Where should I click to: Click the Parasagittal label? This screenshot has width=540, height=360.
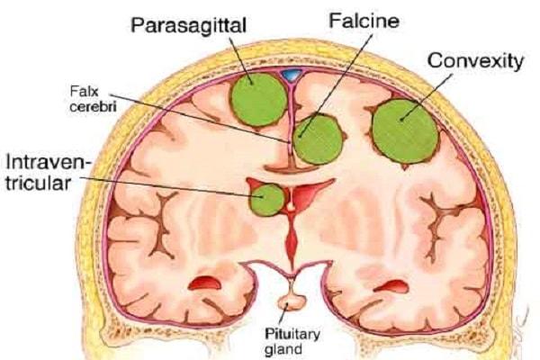click(x=188, y=26)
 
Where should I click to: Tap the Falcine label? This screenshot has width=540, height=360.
click(x=364, y=21)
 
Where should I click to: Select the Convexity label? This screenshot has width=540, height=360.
click(x=475, y=61)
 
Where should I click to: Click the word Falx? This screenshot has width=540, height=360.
click(x=85, y=92)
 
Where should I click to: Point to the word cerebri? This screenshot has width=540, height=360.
click(x=93, y=106)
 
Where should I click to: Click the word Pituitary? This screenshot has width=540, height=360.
click(x=292, y=334)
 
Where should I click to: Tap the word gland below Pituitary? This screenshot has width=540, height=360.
click(x=283, y=349)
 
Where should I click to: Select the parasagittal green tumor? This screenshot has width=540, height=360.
click(x=259, y=100)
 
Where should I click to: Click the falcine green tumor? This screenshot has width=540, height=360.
click(x=319, y=139)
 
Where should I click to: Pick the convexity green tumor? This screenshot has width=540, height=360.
click(x=405, y=131)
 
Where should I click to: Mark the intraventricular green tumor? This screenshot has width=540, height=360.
click(x=267, y=200)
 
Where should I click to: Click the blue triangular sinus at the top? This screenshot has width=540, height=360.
click(x=292, y=75)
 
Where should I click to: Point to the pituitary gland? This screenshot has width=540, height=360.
click(x=292, y=301)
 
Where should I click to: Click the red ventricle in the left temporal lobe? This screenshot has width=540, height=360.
click(x=205, y=283)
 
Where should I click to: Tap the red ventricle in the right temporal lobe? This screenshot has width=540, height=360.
click(x=391, y=286)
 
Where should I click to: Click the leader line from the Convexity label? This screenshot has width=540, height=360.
click(x=426, y=98)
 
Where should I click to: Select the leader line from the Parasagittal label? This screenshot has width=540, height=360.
click(x=240, y=59)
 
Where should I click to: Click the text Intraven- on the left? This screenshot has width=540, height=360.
click(x=49, y=162)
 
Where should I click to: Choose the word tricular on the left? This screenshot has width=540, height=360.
click(x=38, y=183)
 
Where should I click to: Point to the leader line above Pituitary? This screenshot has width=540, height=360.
click(x=283, y=314)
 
